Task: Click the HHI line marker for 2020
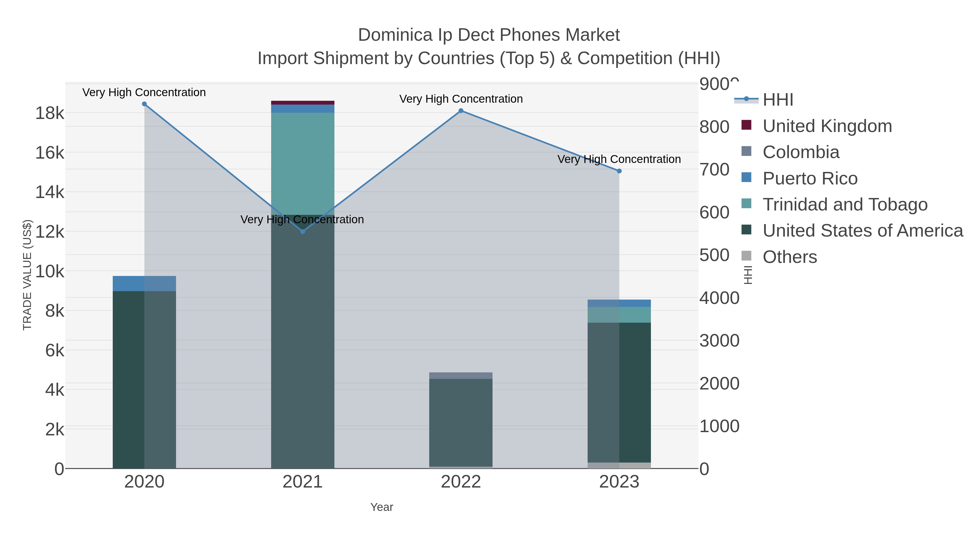(x=144, y=104)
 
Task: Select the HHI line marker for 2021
(x=303, y=231)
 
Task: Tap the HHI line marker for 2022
(x=461, y=111)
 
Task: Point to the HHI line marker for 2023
(x=619, y=171)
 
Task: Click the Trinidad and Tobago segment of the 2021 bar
(x=303, y=163)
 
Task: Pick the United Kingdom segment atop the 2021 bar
(x=303, y=102)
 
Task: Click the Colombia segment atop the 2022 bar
(x=461, y=375)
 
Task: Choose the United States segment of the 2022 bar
(x=461, y=421)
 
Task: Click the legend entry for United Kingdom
(x=827, y=126)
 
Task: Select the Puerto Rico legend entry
(x=810, y=178)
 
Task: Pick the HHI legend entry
(x=778, y=100)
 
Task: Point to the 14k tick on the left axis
(x=50, y=192)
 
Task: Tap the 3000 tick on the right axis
(x=719, y=341)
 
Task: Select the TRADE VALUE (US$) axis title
(x=27, y=275)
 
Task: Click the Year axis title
(x=382, y=507)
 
